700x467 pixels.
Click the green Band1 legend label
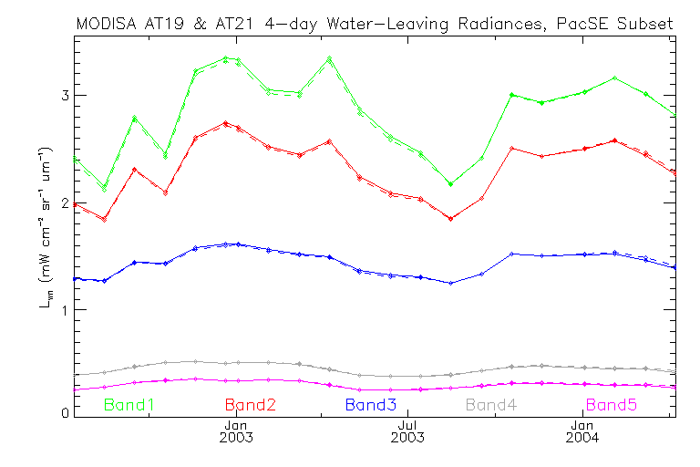point(137,404)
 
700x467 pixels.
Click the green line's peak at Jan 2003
point(225,58)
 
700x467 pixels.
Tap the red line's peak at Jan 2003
point(225,123)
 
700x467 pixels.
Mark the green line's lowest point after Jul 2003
point(450,184)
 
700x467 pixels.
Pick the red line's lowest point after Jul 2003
point(450,219)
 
